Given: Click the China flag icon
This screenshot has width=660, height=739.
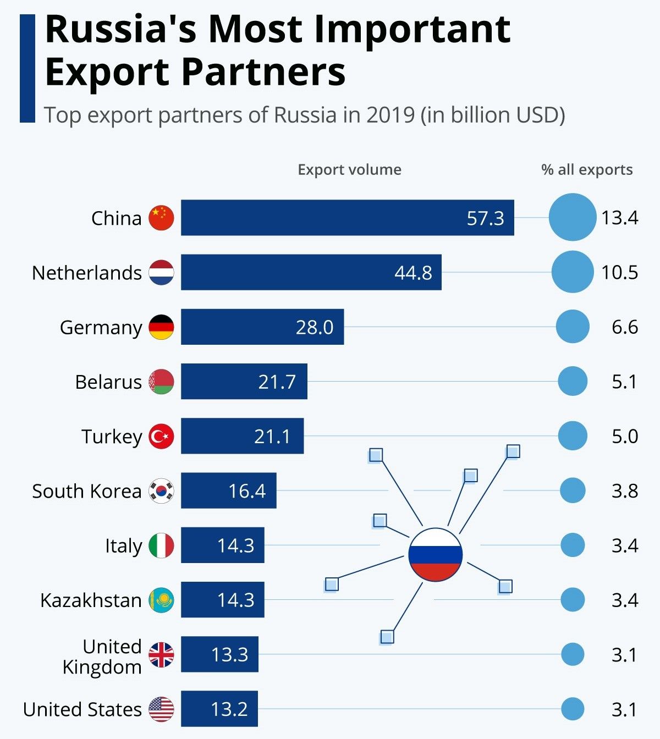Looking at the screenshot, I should [161, 218].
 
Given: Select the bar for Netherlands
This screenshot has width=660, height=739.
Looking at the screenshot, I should [311, 272].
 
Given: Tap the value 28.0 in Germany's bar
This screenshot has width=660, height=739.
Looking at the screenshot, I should [314, 327].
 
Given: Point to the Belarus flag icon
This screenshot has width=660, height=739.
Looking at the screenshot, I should [161, 382].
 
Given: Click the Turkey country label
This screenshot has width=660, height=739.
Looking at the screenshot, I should [112, 437].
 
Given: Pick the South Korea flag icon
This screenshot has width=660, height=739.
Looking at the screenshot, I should [161, 491].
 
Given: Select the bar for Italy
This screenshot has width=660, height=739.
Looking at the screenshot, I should [222, 545].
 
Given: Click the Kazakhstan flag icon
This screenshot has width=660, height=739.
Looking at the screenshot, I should [161, 600].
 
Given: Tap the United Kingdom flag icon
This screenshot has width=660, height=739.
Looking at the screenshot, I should [161, 654].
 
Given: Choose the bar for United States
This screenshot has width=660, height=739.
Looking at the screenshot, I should [219, 709].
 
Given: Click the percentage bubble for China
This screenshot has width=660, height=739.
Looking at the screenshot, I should [572, 217].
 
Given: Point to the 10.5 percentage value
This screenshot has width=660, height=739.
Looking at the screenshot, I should [619, 272].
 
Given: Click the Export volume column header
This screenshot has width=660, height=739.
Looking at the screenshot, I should [349, 169].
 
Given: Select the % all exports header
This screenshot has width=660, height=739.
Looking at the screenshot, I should [587, 169].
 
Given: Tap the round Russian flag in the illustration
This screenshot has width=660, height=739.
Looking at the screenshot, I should [435, 554].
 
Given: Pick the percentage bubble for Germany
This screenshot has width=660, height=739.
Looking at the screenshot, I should [572, 327].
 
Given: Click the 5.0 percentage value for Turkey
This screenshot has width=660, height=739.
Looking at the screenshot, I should [625, 437].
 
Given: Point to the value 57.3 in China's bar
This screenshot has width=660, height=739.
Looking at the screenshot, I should [485, 218].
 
